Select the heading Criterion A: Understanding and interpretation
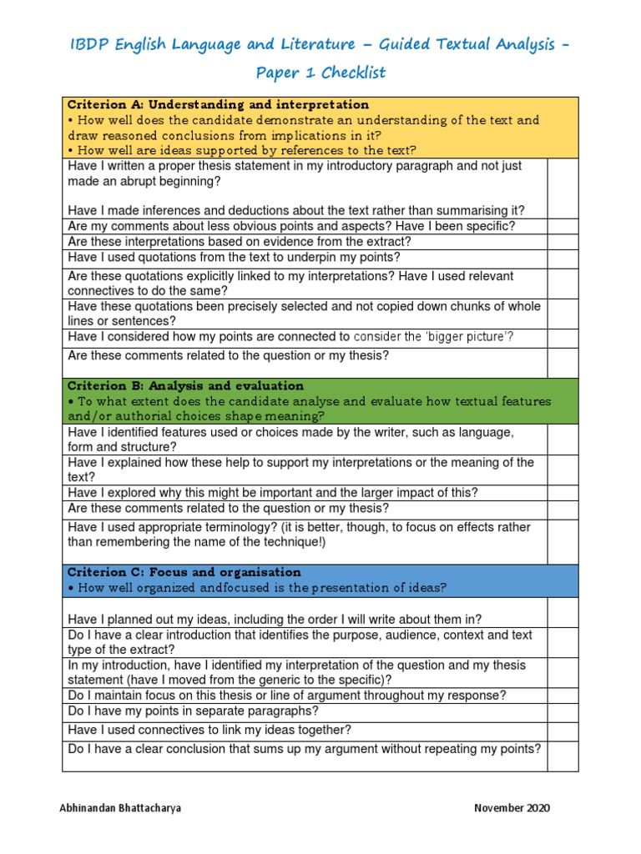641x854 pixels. [x=218, y=105]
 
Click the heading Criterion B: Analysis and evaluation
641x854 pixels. [x=185, y=386]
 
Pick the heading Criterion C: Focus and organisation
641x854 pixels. [x=184, y=572]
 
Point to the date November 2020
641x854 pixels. [x=512, y=808]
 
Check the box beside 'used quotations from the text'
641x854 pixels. [x=563, y=259]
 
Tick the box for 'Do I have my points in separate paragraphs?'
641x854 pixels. [x=563, y=711]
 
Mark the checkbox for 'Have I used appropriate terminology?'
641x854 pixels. [x=563, y=540]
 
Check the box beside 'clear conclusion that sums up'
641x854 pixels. [x=563, y=756]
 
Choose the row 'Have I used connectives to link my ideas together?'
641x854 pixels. [x=209, y=730]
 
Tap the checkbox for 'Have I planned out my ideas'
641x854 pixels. [x=563, y=612]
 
